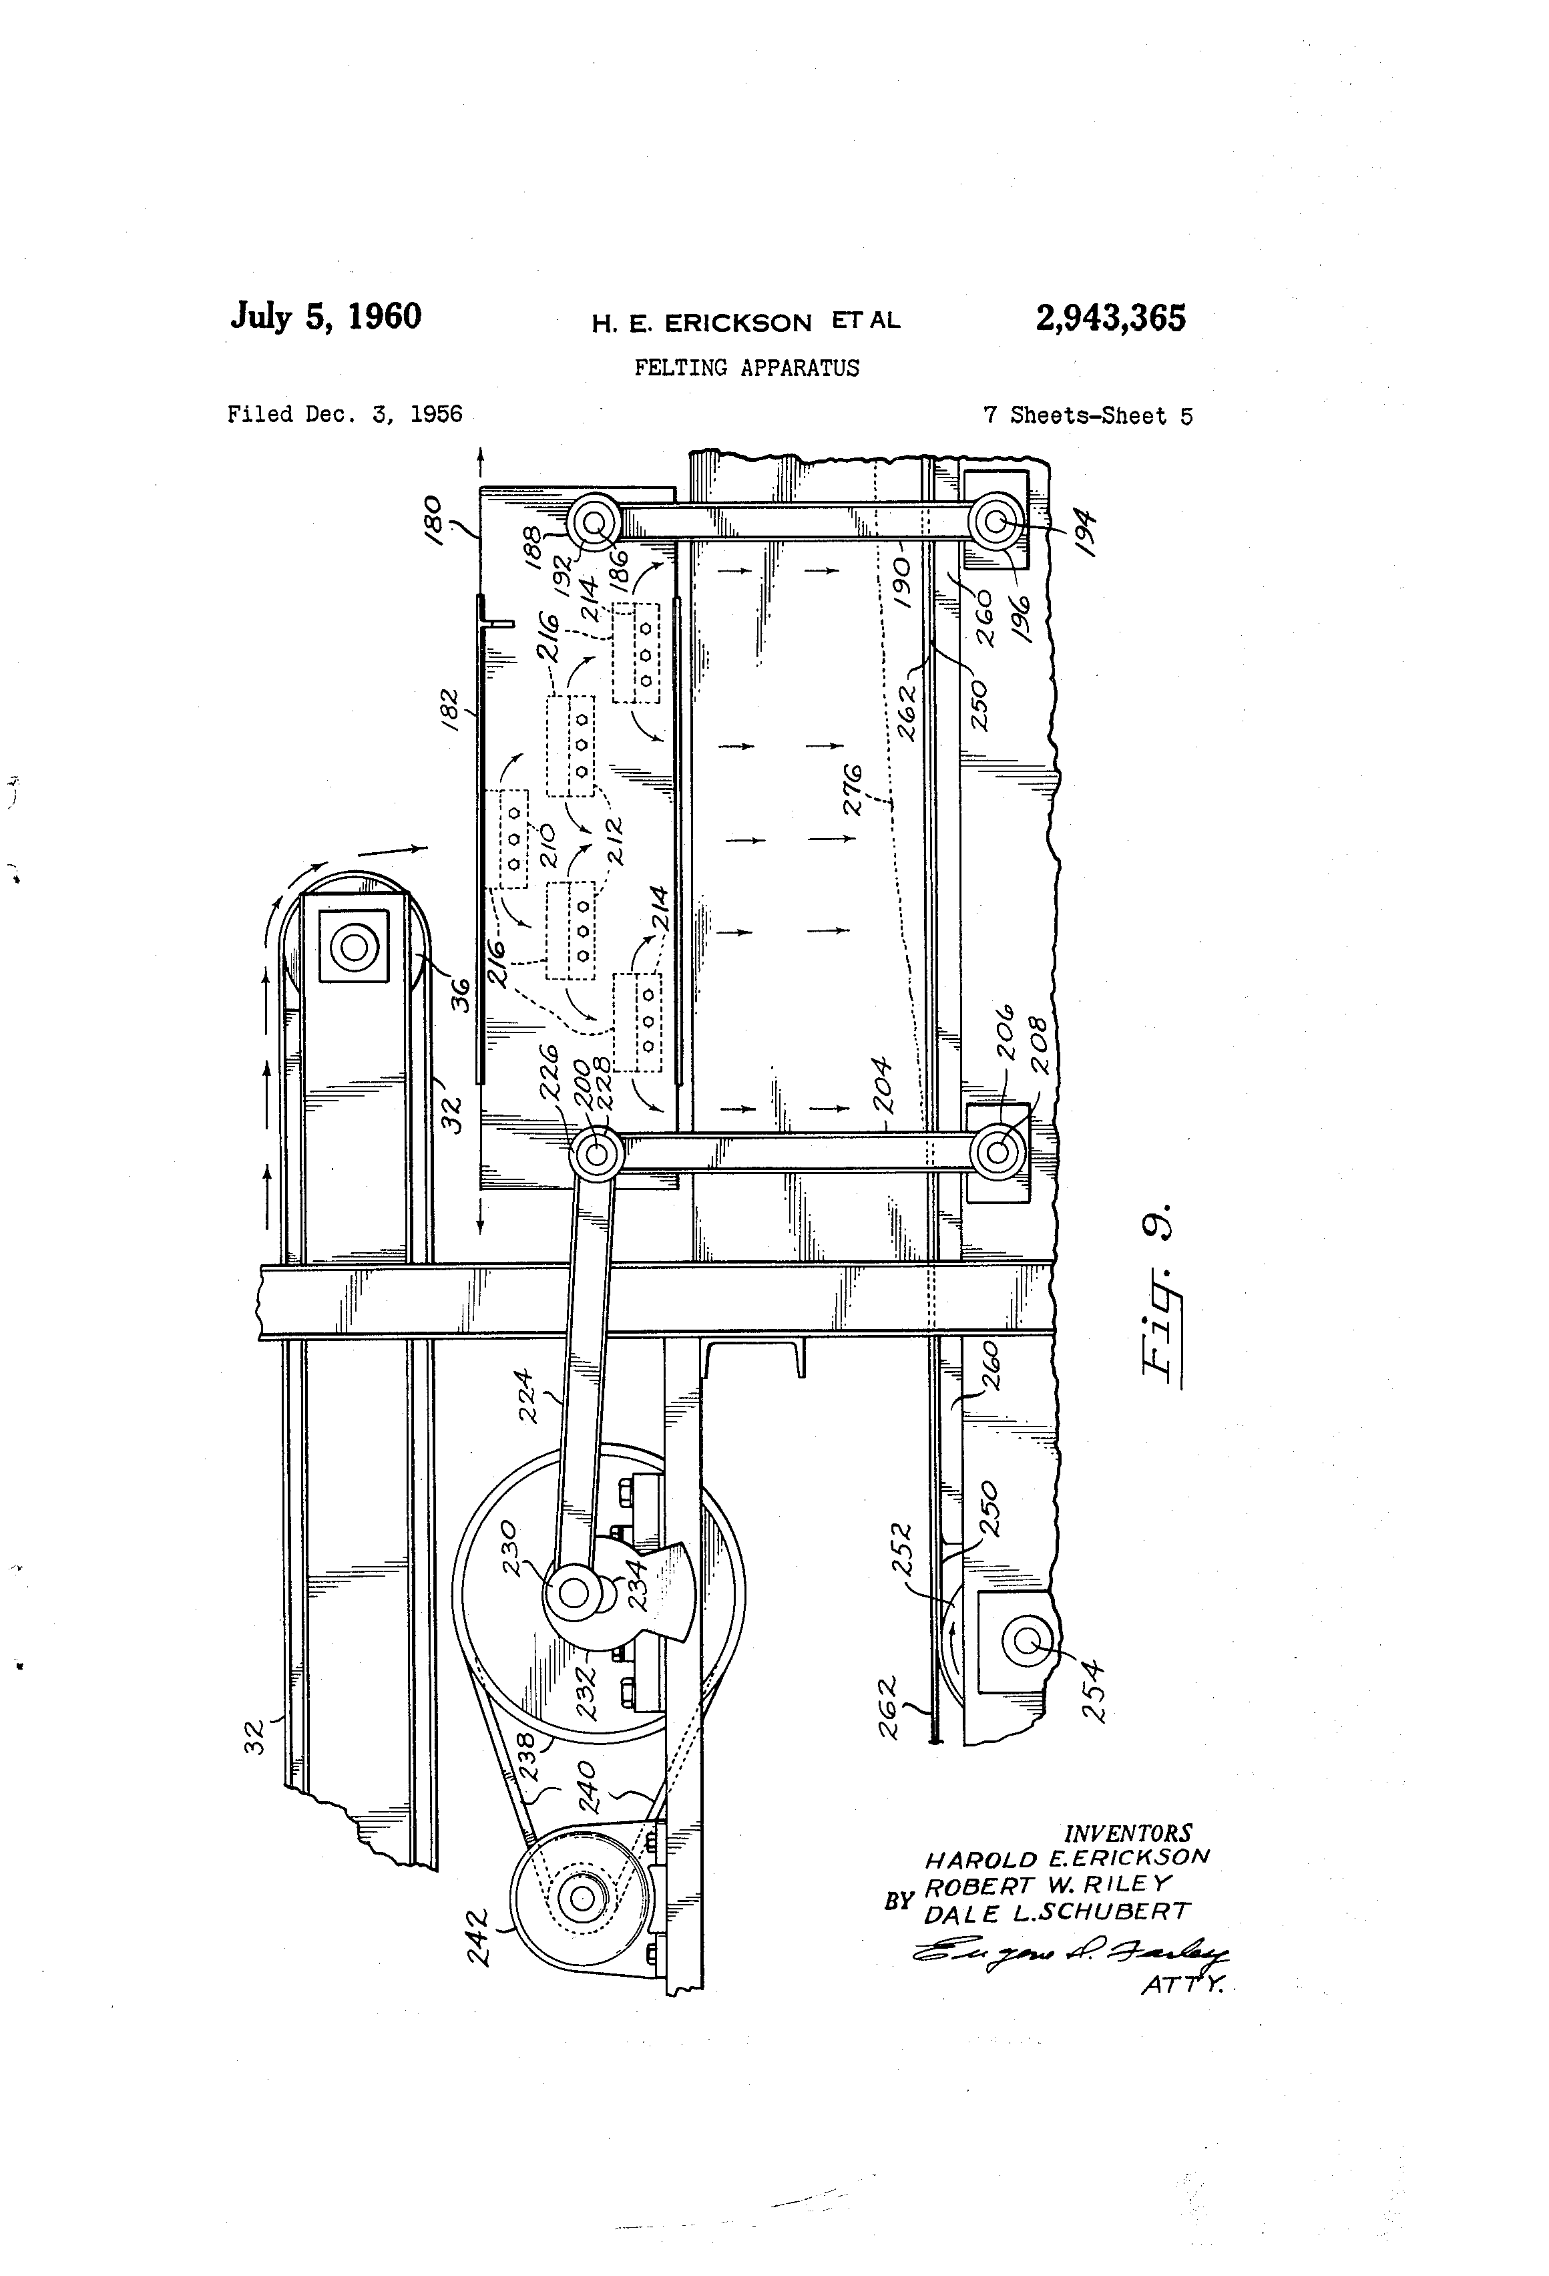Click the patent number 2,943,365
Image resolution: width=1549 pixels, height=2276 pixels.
(1110, 319)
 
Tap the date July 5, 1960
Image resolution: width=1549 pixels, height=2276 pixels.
(326, 317)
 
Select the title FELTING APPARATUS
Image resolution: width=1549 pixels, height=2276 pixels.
(746, 368)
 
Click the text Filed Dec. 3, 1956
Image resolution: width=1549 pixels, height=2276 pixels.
(345, 414)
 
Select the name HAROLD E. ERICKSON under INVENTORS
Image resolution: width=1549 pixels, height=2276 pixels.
(1067, 1858)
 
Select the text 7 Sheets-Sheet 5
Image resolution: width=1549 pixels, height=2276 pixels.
(1087, 415)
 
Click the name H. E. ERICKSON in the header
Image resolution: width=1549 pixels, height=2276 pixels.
(701, 322)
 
